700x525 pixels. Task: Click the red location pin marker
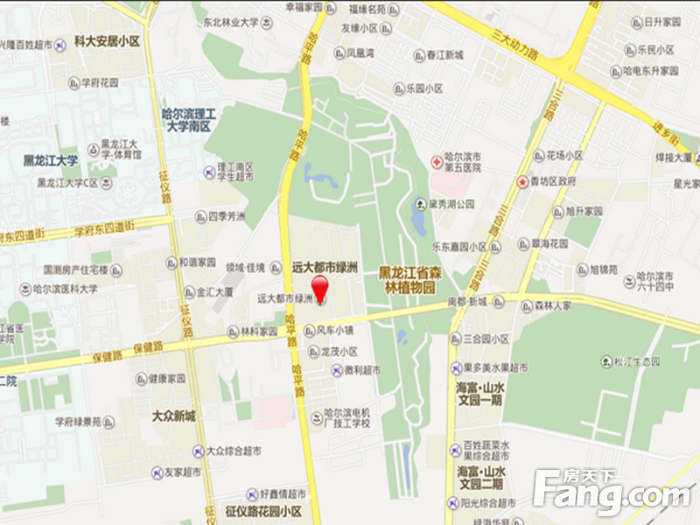(x=320, y=286)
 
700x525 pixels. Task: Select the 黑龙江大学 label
(x=51, y=161)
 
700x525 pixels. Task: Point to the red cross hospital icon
(x=436, y=161)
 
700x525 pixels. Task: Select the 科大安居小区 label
(x=107, y=41)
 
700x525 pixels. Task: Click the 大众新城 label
(x=174, y=416)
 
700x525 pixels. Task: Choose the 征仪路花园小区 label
(x=262, y=511)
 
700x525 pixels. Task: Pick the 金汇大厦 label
(x=214, y=291)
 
